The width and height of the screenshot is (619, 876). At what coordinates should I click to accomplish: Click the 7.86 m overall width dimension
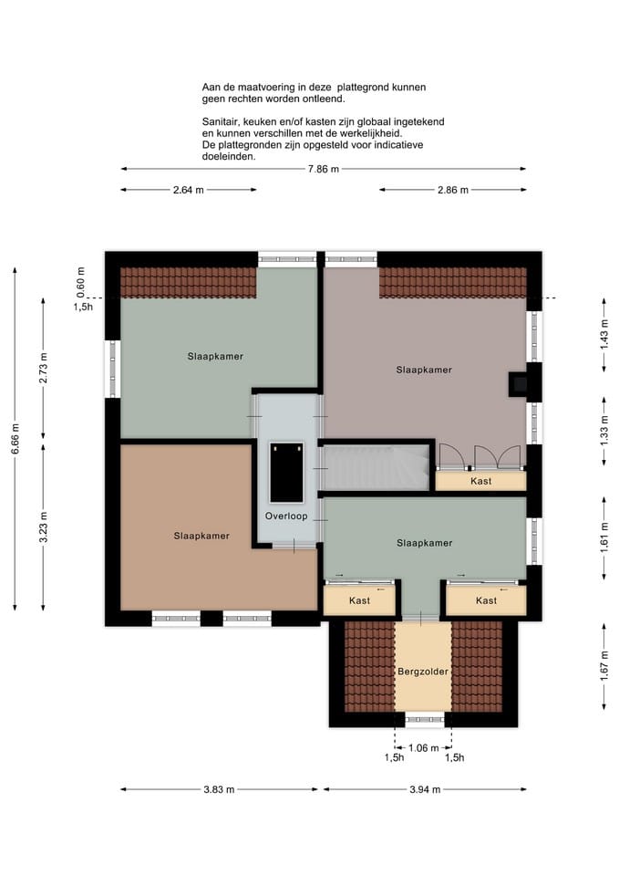(323, 169)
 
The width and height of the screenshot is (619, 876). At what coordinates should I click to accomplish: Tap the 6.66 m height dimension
(15, 439)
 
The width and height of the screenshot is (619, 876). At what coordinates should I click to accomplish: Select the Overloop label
(287, 516)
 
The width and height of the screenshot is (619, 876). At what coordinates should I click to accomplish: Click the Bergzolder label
(422, 672)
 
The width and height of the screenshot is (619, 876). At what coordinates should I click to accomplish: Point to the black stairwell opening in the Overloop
(287, 472)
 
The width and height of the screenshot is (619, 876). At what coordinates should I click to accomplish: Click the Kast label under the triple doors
(480, 481)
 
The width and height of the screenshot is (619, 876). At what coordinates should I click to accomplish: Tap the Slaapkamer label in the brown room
(201, 536)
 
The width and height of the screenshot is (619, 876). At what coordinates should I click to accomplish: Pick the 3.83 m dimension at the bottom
(220, 789)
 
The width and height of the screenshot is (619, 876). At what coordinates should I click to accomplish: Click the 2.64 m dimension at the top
(188, 190)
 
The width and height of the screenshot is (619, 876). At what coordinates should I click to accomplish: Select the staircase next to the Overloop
(377, 466)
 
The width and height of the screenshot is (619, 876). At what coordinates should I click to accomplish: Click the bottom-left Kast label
(359, 600)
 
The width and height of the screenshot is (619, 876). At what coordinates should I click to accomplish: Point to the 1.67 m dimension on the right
(604, 667)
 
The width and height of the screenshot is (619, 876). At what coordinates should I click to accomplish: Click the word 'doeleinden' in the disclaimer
(229, 156)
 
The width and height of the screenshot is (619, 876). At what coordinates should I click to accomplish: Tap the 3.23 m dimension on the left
(44, 528)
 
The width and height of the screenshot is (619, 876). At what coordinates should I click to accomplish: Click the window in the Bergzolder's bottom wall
(423, 720)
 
